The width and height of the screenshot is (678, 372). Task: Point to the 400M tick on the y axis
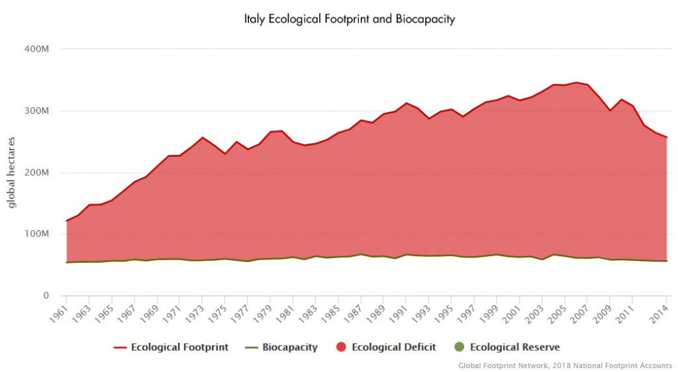pyautogui.click(x=36, y=49)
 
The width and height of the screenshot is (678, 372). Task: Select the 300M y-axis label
pyautogui.click(x=36, y=111)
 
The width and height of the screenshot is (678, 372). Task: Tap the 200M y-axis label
pyautogui.click(x=36, y=173)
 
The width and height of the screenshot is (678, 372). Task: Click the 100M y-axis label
pyautogui.click(x=36, y=234)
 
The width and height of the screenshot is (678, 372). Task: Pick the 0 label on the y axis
pyautogui.click(x=46, y=296)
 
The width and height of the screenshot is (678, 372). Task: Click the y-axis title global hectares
pyautogui.click(x=12, y=172)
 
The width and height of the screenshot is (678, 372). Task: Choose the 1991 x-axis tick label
pyautogui.click(x=397, y=313)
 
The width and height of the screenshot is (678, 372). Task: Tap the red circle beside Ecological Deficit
pyautogui.click(x=341, y=347)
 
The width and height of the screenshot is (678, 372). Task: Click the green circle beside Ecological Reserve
pyautogui.click(x=459, y=347)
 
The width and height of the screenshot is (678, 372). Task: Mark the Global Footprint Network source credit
pyautogui.click(x=565, y=365)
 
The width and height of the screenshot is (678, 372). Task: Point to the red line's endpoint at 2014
pyautogui.click(x=666, y=137)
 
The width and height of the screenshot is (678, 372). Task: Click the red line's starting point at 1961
pyautogui.click(x=66, y=220)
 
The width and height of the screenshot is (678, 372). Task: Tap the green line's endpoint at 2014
pyautogui.click(x=666, y=261)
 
